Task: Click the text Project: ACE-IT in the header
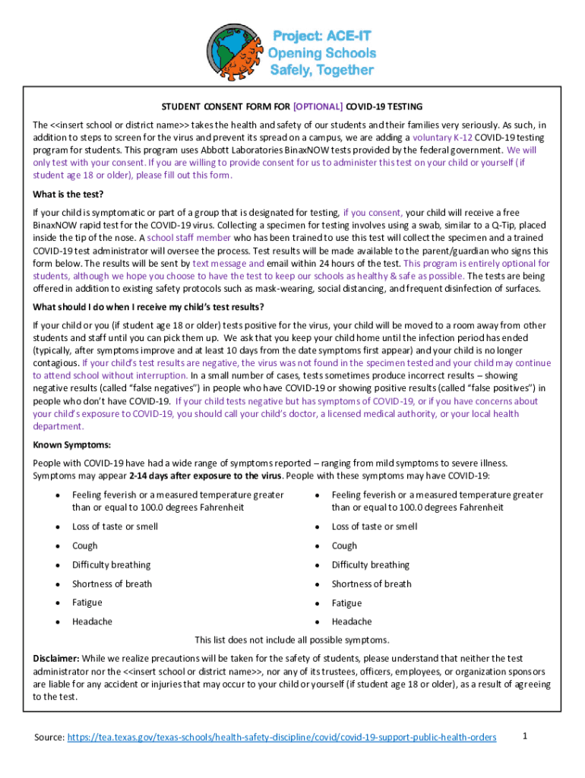pyautogui.click(x=323, y=36)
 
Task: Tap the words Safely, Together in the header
pyautogui.click(x=322, y=70)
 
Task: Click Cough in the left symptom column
pyautogui.click(x=85, y=546)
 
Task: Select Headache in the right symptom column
pyautogui.click(x=352, y=621)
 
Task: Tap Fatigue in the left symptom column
pyautogui.click(x=88, y=602)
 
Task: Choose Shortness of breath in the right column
pyautogui.click(x=372, y=583)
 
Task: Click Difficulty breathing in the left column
pyautogui.click(x=111, y=565)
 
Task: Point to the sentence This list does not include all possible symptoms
pyautogui.click(x=292, y=640)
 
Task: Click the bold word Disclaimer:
pyautogui.click(x=56, y=658)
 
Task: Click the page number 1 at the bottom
pyautogui.click(x=524, y=735)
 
